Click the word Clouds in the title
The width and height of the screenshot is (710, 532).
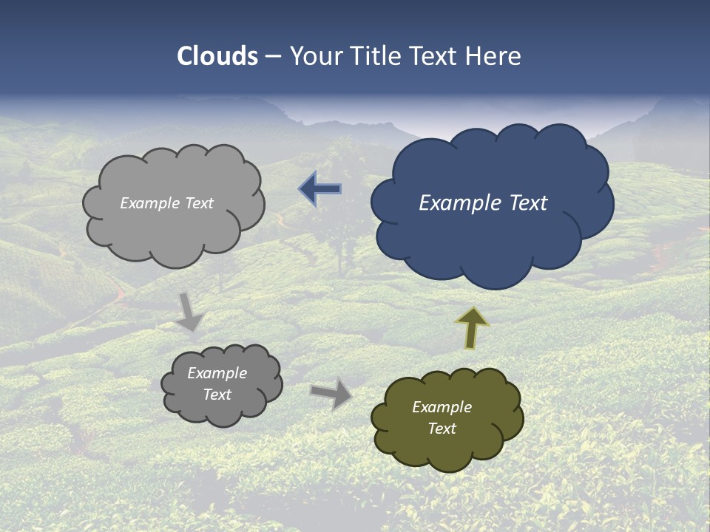[x=217, y=56]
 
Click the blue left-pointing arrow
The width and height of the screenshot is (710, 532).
[x=320, y=190]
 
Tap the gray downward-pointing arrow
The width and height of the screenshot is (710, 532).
[x=190, y=310]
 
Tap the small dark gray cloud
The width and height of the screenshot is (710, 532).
[x=222, y=410]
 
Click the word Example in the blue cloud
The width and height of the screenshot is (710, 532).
[x=452, y=203]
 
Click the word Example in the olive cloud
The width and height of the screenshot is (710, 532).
[x=442, y=407]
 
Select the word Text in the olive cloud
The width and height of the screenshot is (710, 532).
[x=442, y=429]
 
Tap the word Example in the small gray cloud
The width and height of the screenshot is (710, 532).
[x=217, y=373]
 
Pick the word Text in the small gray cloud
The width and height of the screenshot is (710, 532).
[x=217, y=395]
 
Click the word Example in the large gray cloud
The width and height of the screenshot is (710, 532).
[x=150, y=203]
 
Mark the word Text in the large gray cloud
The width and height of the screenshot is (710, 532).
[x=197, y=203]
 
